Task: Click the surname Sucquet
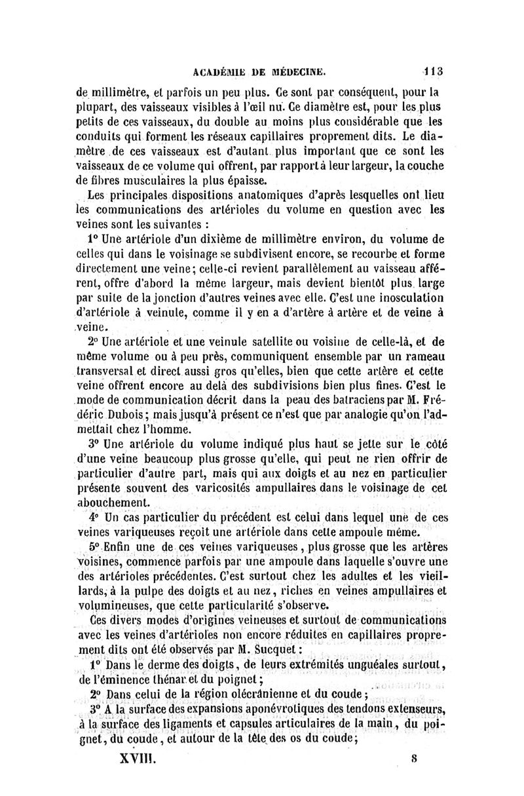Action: tap(274, 651)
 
